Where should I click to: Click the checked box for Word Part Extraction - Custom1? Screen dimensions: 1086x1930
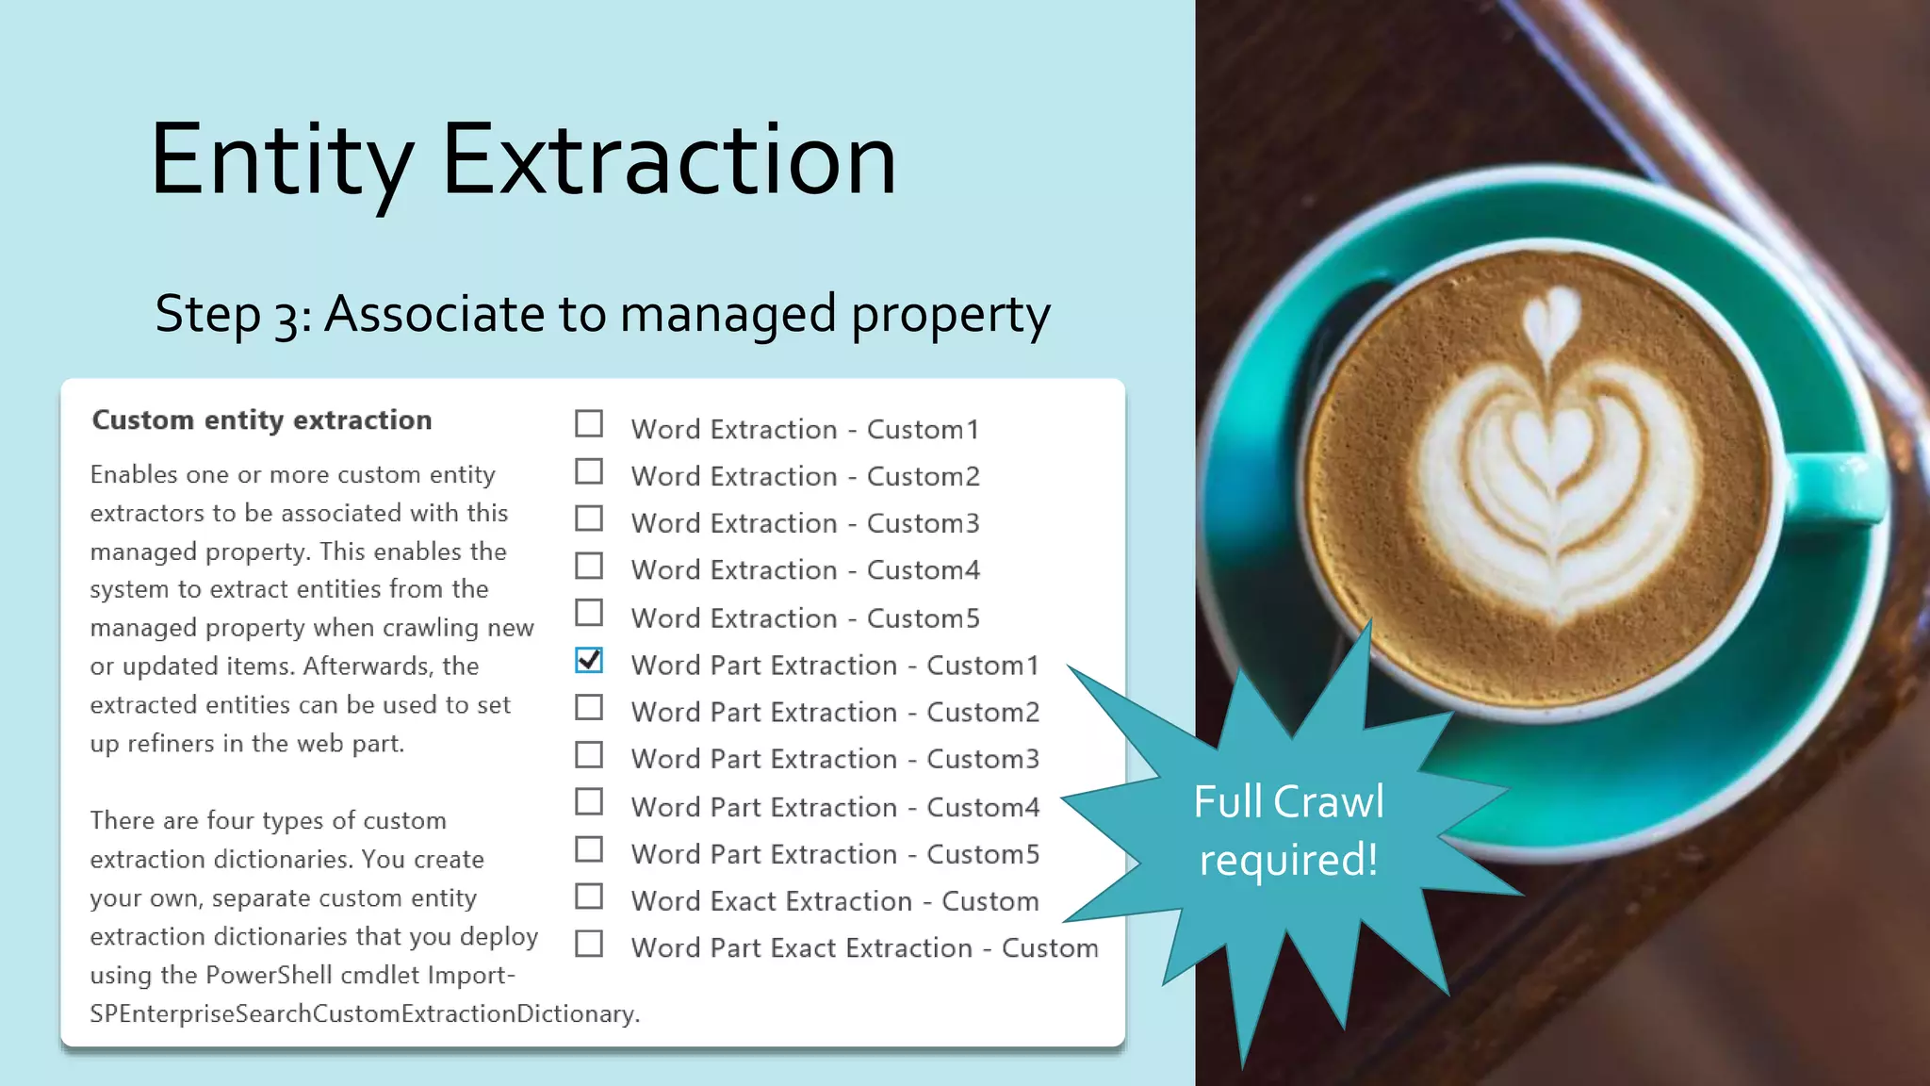click(589, 661)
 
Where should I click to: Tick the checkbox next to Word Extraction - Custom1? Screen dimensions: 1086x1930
click(589, 424)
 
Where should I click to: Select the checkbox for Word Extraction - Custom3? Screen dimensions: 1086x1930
click(589, 518)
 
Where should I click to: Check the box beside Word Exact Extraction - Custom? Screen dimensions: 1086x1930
click(589, 897)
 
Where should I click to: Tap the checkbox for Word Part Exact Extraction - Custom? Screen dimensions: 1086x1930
click(589, 944)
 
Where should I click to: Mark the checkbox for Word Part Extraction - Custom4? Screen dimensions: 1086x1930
click(589, 802)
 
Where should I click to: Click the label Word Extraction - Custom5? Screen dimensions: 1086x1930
click(805, 618)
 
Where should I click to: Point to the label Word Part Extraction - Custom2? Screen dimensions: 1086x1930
click(835, 713)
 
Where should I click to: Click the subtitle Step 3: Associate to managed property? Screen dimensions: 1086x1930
click(602, 314)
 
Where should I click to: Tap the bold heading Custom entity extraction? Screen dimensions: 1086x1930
click(262, 420)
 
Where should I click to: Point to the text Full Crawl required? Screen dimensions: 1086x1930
click(1288, 831)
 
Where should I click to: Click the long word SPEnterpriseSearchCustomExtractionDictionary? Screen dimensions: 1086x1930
click(364, 1014)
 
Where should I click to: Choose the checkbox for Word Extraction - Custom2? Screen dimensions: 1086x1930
click(589, 471)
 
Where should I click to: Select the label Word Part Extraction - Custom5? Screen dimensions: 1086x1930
click(835, 854)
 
